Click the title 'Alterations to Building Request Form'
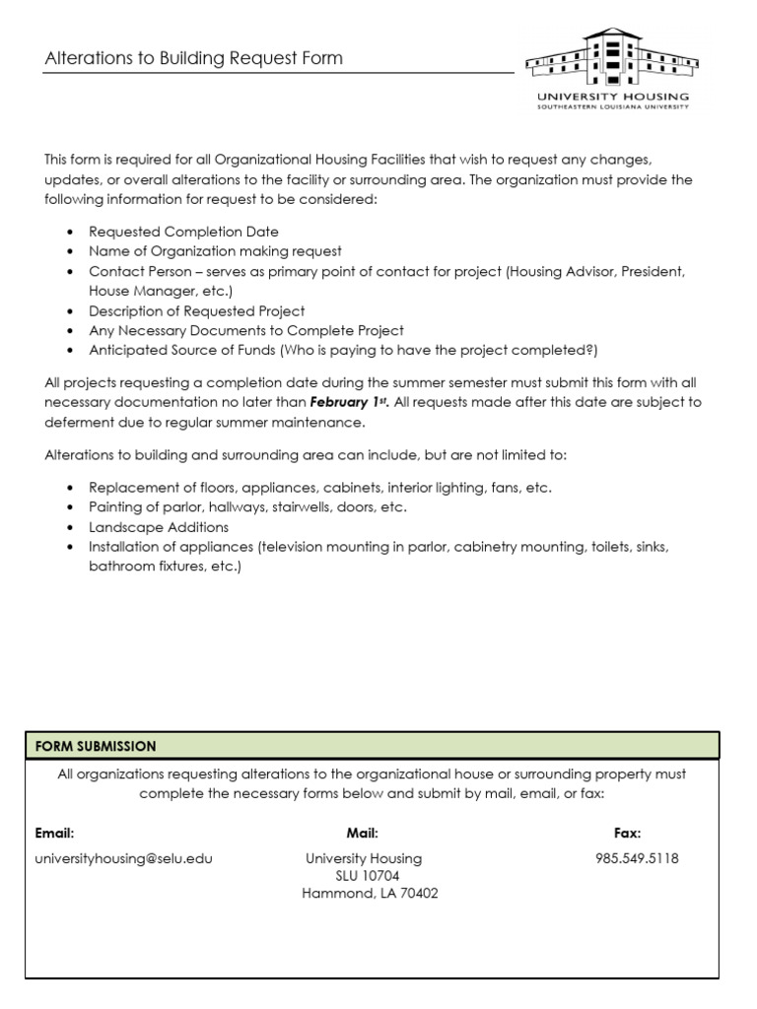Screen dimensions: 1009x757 (x=194, y=58)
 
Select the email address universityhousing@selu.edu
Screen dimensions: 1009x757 (x=124, y=858)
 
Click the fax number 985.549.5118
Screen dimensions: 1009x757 (x=637, y=858)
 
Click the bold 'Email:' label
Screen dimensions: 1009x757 (x=55, y=833)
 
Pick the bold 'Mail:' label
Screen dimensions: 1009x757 (x=363, y=833)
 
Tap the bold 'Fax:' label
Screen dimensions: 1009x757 (x=627, y=833)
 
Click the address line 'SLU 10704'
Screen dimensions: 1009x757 (x=363, y=876)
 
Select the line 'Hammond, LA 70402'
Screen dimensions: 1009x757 (x=370, y=894)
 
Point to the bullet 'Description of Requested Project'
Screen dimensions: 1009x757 (x=197, y=311)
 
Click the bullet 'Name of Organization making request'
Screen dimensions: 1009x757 (x=215, y=251)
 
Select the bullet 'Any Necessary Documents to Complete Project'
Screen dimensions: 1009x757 (x=246, y=331)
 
